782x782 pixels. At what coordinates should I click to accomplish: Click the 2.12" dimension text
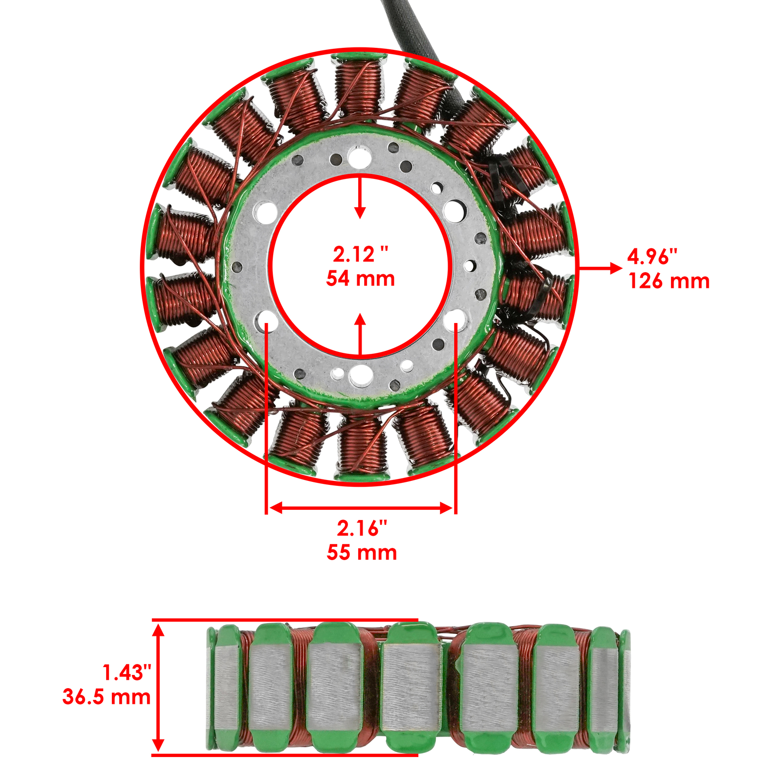360,255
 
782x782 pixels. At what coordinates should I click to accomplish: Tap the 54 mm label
360,279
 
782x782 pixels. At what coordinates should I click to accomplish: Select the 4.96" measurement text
652,256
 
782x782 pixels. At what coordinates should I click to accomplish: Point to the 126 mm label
669,281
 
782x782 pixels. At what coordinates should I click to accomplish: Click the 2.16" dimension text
362,528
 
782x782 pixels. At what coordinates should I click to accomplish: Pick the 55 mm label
362,552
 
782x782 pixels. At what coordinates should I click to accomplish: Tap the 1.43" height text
126,673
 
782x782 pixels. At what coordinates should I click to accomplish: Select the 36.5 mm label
107,697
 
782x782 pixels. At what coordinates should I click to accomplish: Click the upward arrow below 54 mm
360,334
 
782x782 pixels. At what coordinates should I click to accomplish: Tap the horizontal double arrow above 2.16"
361,508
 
